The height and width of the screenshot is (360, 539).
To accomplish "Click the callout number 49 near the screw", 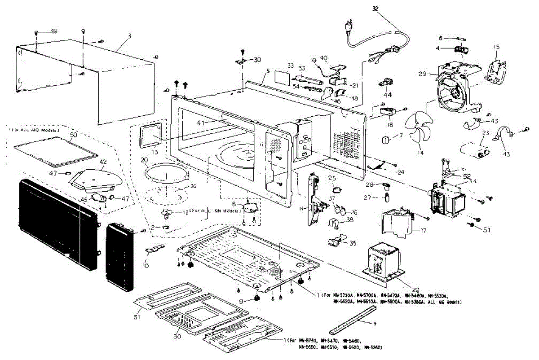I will (x=53, y=31).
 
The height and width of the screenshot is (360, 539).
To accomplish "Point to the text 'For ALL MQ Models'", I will (x=34, y=130).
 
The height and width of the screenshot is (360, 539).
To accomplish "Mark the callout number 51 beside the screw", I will (x=486, y=230).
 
